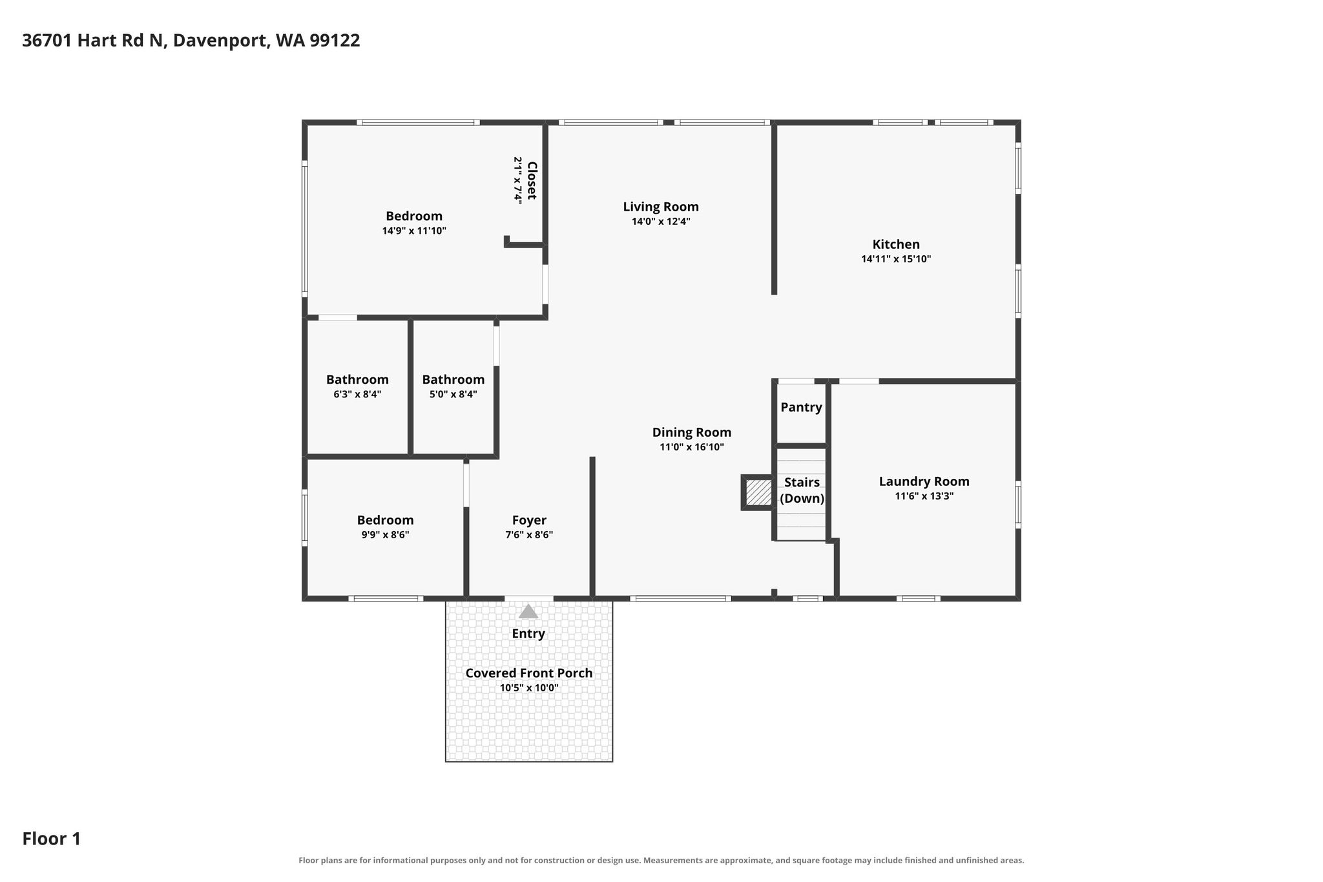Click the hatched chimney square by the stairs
[x=758, y=492]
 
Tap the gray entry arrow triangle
[x=528, y=611]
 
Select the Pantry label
[x=801, y=408]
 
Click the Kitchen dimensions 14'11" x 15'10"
[x=896, y=259]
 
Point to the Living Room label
[x=661, y=207]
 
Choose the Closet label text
[x=532, y=180]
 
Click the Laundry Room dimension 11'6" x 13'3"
[x=924, y=496]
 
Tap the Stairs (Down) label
[x=802, y=490]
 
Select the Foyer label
[x=529, y=520]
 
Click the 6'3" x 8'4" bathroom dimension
[x=357, y=394]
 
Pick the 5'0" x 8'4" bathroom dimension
[x=453, y=394]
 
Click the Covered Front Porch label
[x=529, y=673]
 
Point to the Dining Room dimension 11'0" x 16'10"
[x=692, y=447]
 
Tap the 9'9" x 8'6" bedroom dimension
[x=386, y=535]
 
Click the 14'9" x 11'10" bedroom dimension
[x=414, y=231]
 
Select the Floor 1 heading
[x=52, y=839]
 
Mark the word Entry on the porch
[x=528, y=634]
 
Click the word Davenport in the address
[x=220, y=41]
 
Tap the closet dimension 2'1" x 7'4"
[x=518, y=180]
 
